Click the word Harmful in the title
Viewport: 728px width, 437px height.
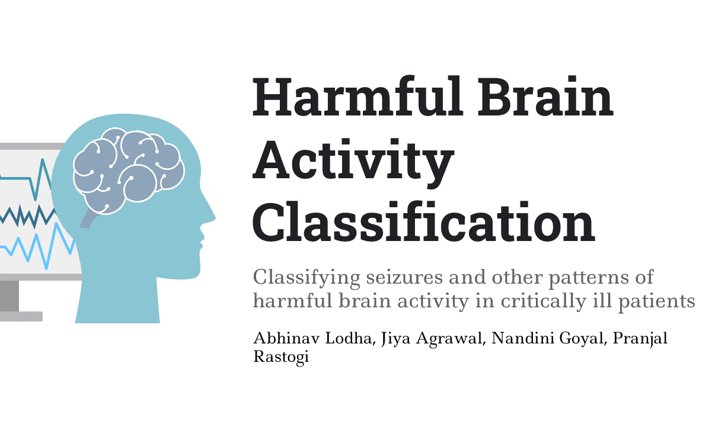(x=357, y=96)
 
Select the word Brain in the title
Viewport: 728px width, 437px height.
(x=545, y=96)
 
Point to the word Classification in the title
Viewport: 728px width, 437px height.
(x=424, y=221)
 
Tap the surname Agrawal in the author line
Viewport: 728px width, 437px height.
(x=451, y=339)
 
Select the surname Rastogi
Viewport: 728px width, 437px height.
(x=281, y=358)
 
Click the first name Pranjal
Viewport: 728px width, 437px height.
(x=640, y=339)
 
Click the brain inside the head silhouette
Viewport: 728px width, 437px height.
(x=129, y=171)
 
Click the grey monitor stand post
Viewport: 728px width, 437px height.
(x=9, y=295)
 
